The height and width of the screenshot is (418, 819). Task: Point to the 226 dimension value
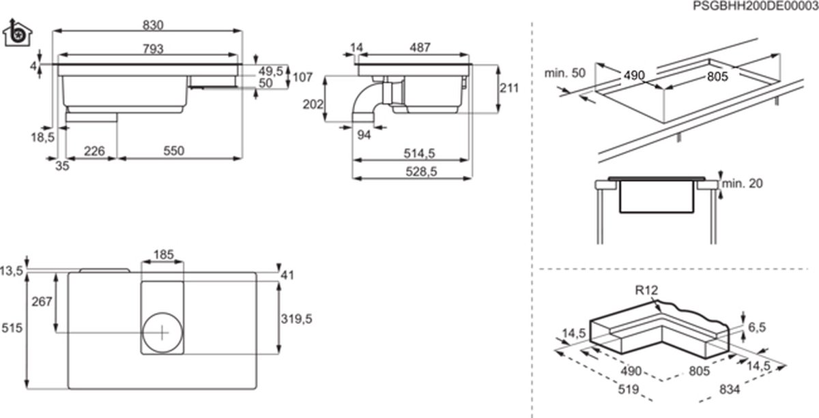point(94,151)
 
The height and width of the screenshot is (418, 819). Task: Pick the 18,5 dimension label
point(42,136)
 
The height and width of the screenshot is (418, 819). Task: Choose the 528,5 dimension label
point(422,173)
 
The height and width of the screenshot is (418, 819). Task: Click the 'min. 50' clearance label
point(565,73)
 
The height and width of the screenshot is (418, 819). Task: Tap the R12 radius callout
point(646,291)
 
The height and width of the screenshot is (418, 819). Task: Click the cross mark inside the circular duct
point(162,333)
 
